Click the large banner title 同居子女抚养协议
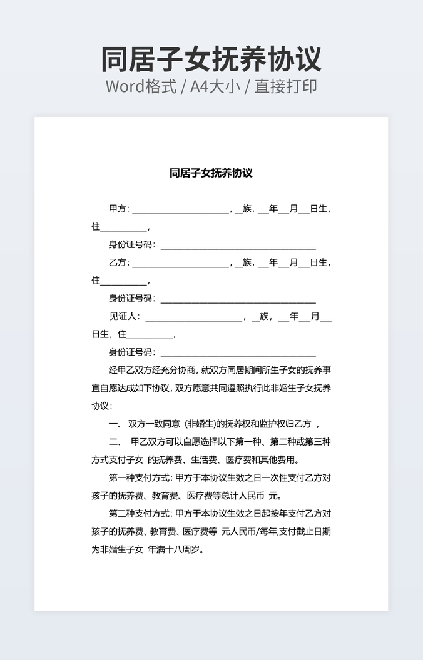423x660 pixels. (x=211, y=59)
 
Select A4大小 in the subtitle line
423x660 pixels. (x=215, y=86)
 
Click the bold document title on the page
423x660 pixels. (x=211, y=173)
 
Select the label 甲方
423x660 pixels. (x=118, y=209)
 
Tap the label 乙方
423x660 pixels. (x=118, y=262)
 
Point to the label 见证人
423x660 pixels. (x=124, y=316)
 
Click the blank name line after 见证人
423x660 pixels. (x=193, y=318)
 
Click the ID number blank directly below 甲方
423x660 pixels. (x=238, y=246)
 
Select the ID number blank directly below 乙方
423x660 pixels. (x=238, y=301)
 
